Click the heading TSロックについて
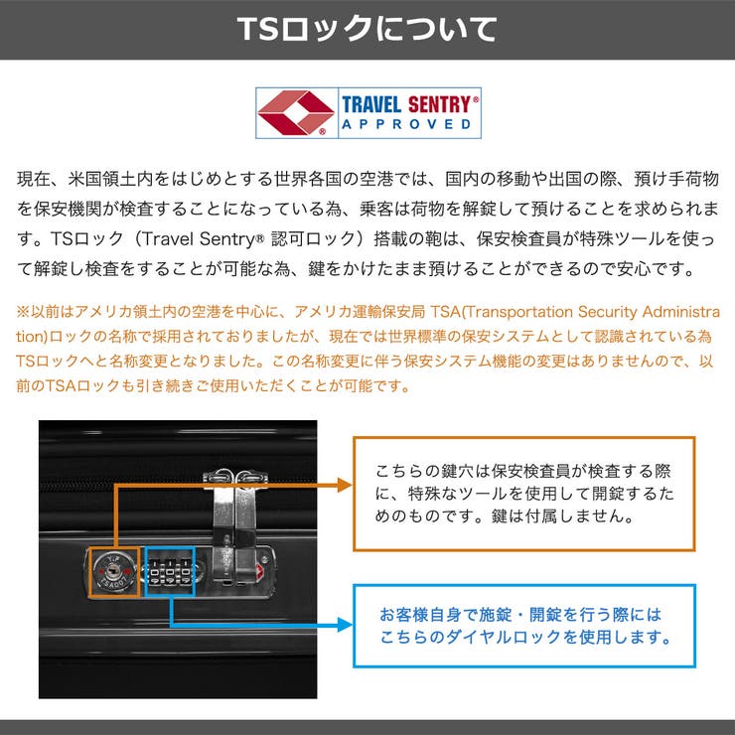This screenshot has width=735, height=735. (x=367, y=29)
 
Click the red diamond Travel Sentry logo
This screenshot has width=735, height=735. (x=296, y=112)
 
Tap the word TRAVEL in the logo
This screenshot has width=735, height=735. (x=371, y=104)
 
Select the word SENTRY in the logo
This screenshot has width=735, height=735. (x=439, y=104)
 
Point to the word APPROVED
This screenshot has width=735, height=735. (x=406, y=124)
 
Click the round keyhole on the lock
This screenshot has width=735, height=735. (x=113, y=571)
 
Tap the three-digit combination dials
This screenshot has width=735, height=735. (x=170, y=572)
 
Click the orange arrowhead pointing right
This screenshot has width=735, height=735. (x=345, y=485)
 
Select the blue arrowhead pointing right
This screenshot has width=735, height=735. (x=345, y=625)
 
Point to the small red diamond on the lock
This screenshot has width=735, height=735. (x=259, y=571)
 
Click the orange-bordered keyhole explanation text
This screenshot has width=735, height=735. (x=524, y=493)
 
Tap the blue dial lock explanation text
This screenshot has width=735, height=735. (x=524, y=626)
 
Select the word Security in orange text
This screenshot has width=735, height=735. (x=608, y=312)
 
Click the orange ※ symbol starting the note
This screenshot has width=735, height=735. (x=23, y=312)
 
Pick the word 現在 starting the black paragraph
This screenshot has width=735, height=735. (x=34, y=179)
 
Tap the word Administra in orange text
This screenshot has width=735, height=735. (x=681, y=312)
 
